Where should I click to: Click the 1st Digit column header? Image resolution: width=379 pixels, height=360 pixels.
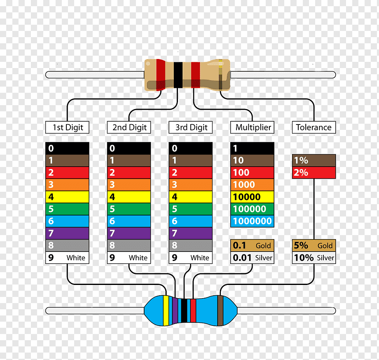[67, 127]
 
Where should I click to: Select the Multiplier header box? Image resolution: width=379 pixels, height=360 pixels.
[252, 127]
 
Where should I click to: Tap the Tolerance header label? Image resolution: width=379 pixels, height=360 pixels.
[314, 127]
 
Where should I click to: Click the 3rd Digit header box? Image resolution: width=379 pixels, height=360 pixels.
[191, 127]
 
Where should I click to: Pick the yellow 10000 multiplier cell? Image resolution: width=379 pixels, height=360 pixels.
[252, 197]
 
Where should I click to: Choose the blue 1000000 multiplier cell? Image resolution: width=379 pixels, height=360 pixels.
[252, 221]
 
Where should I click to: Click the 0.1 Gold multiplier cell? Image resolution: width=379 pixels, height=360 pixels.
[252, 246]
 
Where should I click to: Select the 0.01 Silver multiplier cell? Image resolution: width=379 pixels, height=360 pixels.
[252, 258]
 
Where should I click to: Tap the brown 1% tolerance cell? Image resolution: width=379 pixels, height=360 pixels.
[314, 160]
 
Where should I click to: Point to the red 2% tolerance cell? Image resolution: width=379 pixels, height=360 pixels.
[314, 172]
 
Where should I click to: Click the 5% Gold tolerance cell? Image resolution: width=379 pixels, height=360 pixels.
[314, 246]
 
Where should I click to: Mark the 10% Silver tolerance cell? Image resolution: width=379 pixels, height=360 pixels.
[314, 258]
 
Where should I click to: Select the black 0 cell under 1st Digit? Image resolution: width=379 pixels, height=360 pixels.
[67, 148]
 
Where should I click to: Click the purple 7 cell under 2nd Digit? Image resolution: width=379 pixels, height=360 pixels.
[129, 233]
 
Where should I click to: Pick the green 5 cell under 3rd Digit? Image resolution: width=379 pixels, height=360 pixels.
[191, 209]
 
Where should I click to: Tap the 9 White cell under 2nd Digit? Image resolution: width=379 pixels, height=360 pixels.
[129, 258]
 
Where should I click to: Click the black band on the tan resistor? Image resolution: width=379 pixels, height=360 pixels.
[178, 75]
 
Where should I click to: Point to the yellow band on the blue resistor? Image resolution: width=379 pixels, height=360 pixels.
[166, 310]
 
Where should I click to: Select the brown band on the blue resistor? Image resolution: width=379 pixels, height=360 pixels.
[220, 310]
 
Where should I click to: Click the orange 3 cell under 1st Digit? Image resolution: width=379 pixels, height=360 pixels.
[67, 185]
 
